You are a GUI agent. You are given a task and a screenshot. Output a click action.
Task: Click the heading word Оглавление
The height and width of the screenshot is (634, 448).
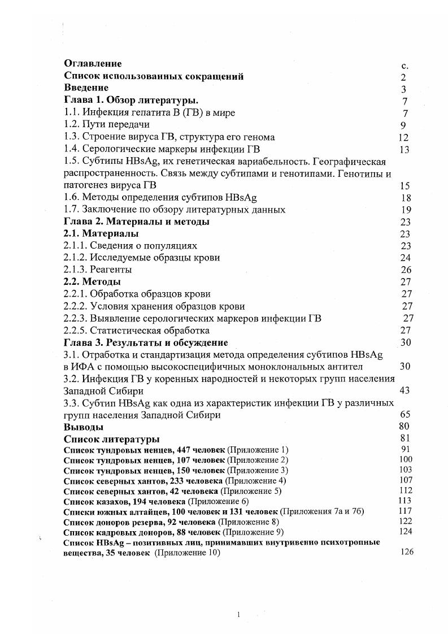coord(93,64)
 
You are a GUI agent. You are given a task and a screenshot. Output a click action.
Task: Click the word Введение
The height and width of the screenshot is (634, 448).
coord(86,88)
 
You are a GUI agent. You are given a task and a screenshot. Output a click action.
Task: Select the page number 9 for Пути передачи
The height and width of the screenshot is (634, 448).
coord(403,125)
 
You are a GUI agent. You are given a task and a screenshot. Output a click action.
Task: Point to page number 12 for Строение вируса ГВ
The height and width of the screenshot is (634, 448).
coord(403,137)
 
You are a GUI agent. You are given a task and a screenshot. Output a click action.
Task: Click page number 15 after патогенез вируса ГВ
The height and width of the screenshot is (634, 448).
coord(404,186)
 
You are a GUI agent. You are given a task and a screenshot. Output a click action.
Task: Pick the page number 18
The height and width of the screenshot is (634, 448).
coord(405,198)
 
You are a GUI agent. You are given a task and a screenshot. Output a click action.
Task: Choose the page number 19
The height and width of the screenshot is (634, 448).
coord(405,210)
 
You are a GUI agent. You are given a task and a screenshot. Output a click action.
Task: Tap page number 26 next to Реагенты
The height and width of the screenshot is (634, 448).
coord(406,270)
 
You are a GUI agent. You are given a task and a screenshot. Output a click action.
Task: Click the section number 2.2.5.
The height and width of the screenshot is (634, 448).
coord(76,330)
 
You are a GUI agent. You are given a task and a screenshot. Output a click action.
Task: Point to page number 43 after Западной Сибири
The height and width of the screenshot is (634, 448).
coord(405,390)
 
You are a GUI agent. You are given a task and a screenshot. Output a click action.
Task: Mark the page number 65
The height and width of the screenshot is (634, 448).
coord(405,414)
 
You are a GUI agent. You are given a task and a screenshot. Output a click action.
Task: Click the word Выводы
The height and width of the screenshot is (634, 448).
coord(84,427)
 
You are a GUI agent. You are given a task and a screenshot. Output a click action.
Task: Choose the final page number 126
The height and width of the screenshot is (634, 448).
coord(407,552)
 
